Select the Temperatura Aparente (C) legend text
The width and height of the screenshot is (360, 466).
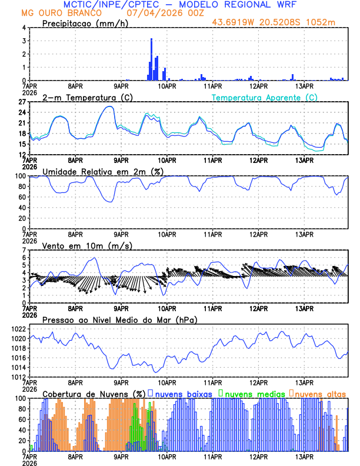coord(265,97)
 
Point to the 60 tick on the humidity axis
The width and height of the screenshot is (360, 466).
coord(21,197)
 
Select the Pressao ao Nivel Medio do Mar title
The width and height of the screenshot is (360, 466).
coord(119,319)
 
